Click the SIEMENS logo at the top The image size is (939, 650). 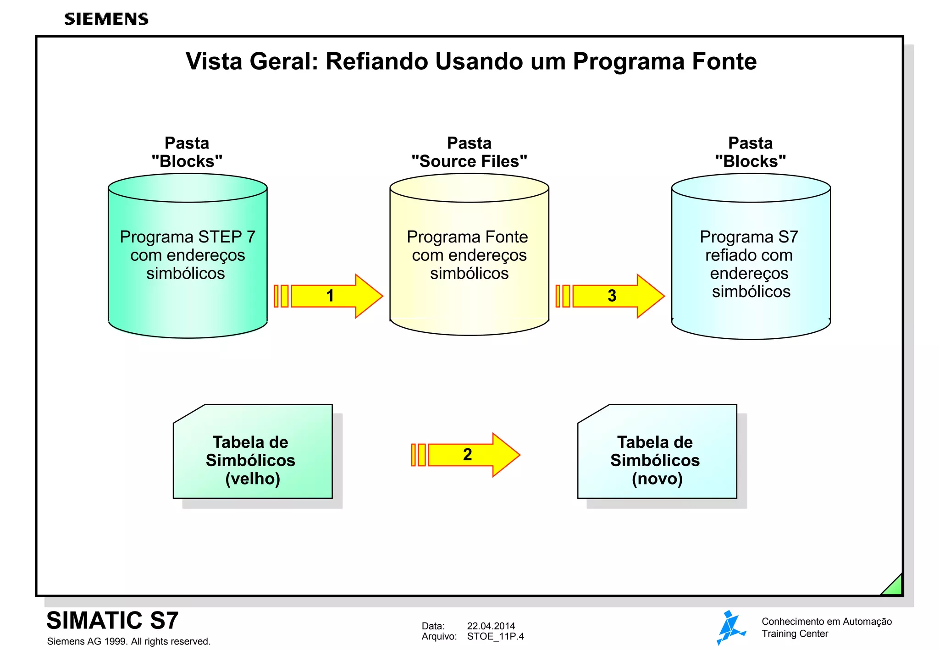click(x=106, y=19)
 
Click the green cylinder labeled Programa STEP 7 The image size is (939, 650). click(x=188, y=257)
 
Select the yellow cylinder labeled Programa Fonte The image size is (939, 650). click(x=469, y=257)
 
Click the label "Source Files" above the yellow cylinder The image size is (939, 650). click(x=469, y=161)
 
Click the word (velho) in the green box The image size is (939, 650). click(x=253, y=479)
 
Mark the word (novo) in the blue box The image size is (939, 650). click(x=657, y=479)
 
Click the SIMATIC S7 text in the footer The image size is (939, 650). click(x=112, y=620)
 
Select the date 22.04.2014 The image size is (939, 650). click(x=491, y=626)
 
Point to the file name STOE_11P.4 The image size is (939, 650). click(x=495, y=636)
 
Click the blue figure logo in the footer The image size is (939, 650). click(x=730, y=628)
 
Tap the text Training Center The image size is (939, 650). click(x=795, y=633)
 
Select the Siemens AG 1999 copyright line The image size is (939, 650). click(x=128, y=641)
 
